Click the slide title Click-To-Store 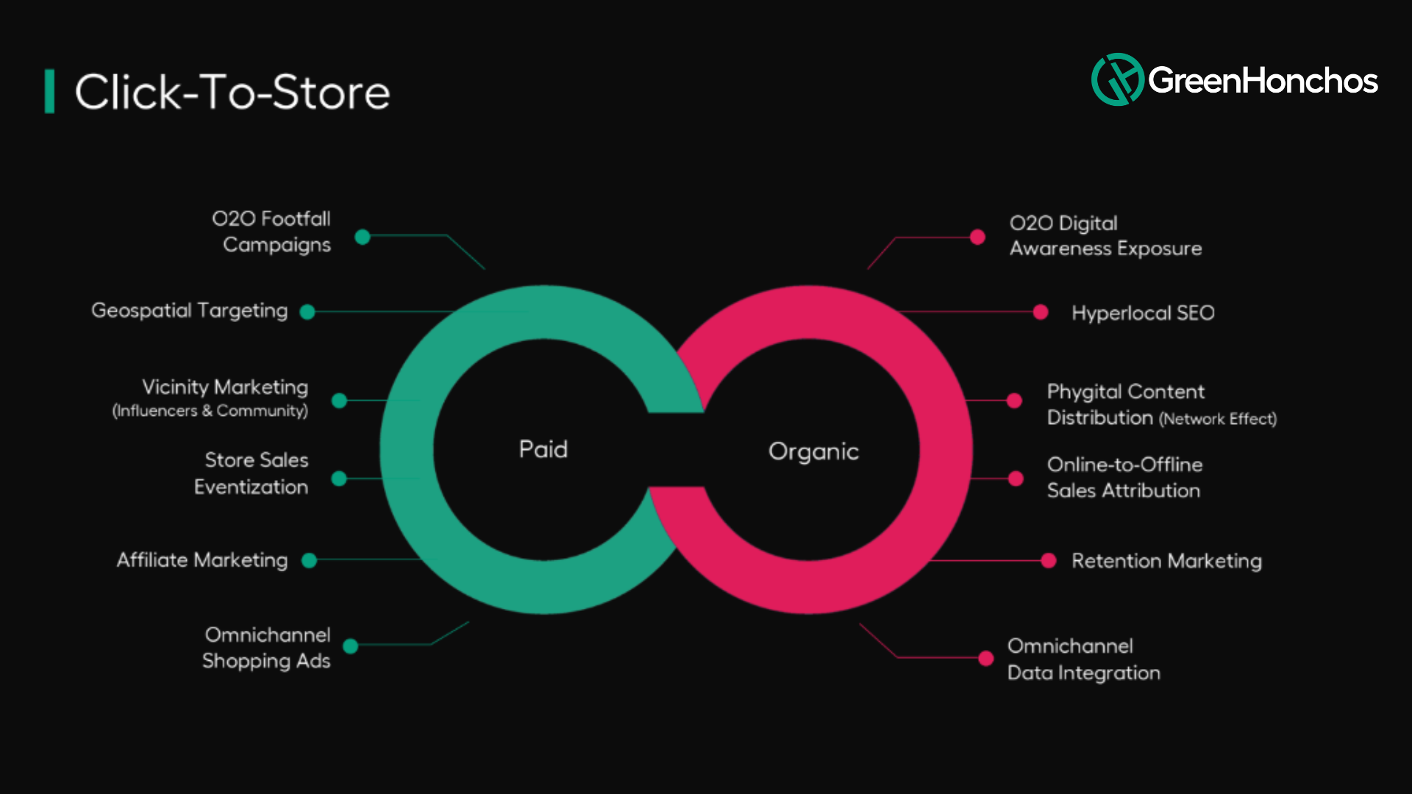tap(232, 92)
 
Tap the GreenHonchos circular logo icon tap(1117, 79)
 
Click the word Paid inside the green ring tap(543, 449)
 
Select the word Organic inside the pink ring tap(813, 451)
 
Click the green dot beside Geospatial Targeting tap(307, 312)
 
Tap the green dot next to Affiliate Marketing tap(310, 560)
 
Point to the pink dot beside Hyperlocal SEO tap(1041, 312)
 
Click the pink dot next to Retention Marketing tap(1049, 561)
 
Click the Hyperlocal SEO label tap(1143, 313)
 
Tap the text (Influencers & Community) tap(210, 411)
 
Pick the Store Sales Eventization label tap(252, 473)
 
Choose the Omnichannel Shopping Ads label tap(267, 648)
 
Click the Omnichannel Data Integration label tap(1083, 659)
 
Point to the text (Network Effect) tap(1218, 419)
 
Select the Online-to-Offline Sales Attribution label tap(1124, 478)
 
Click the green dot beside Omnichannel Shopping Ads tap(351, 646)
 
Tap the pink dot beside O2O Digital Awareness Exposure tap(977, 237)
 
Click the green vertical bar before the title tap(49, 92)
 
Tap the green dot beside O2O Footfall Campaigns tap(363, 237)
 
